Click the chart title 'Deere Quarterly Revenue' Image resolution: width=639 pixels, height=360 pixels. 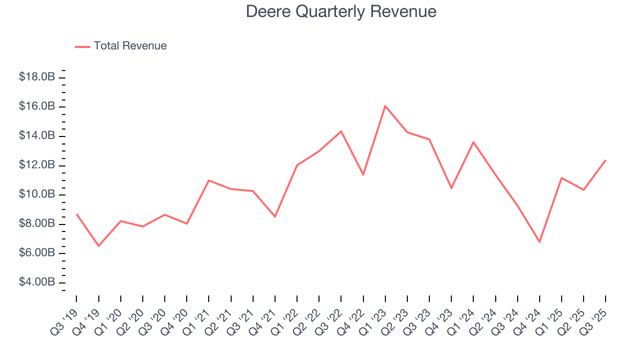[341, 12]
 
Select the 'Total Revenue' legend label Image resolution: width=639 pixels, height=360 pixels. [130, 46]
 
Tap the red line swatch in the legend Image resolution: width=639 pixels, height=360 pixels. [82, 46]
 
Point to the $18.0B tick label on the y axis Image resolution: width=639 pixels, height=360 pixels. [36, 77]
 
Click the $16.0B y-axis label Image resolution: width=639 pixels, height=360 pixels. [36, 106]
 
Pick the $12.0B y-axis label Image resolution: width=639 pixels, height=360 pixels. [36, 165]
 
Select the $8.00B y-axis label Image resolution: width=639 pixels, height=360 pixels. [36, 223]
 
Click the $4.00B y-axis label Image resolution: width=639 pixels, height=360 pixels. [36, 282]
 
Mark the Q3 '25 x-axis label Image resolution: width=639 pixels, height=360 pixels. [595, 320]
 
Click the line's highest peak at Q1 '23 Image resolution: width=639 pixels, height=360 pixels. [385, 106]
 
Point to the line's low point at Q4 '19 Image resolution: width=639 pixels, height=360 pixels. [98, 246]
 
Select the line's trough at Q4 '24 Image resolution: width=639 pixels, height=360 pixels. [540, 242]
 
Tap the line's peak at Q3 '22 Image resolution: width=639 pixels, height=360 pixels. [341, 131]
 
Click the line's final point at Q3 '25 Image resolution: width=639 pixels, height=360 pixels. [606, 160]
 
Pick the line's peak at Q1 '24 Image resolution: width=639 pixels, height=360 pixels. [473, 142]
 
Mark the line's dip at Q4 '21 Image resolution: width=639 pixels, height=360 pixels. [275, 216]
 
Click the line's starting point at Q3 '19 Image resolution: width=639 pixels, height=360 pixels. [76, 214]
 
